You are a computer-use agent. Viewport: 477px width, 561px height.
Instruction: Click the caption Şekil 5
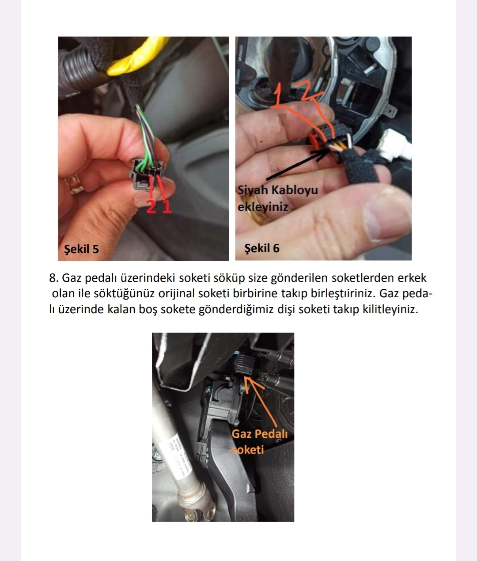81,249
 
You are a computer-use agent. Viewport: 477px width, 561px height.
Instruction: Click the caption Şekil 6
262,248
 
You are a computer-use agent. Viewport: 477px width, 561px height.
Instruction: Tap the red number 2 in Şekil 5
151,207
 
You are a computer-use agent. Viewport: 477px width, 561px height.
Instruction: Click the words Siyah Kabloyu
277,190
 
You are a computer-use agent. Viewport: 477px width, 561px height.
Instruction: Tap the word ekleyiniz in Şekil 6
263,207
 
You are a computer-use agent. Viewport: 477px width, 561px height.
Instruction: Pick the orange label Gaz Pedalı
259,434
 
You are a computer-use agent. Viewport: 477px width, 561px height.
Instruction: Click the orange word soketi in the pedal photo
248,450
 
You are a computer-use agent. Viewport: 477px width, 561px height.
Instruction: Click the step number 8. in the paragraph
54,278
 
